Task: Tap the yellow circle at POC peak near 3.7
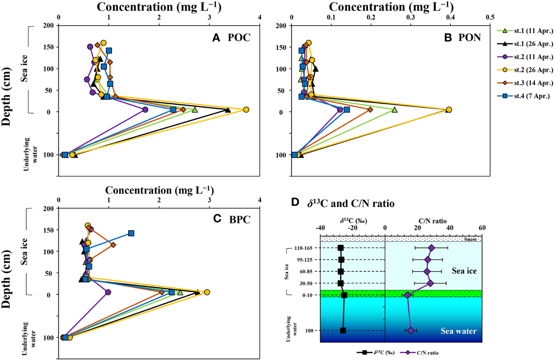[246, 110]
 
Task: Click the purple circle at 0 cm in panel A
[145, 110]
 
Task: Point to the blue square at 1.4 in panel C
[131, 233]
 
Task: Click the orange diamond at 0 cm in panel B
[370, 110]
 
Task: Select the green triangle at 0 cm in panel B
[394, 110]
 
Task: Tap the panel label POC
[239, 38]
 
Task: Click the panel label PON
[470, 38]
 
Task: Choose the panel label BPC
[240, 220]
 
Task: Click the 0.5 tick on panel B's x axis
[490, 18]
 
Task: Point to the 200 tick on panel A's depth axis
[48, 25]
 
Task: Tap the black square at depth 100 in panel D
[343, 331]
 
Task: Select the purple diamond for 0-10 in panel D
[407, 295]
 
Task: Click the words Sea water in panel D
[458, 331]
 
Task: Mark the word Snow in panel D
[470, 239]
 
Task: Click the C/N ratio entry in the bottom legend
[427, 353]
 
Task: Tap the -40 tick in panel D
[320, 228]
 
